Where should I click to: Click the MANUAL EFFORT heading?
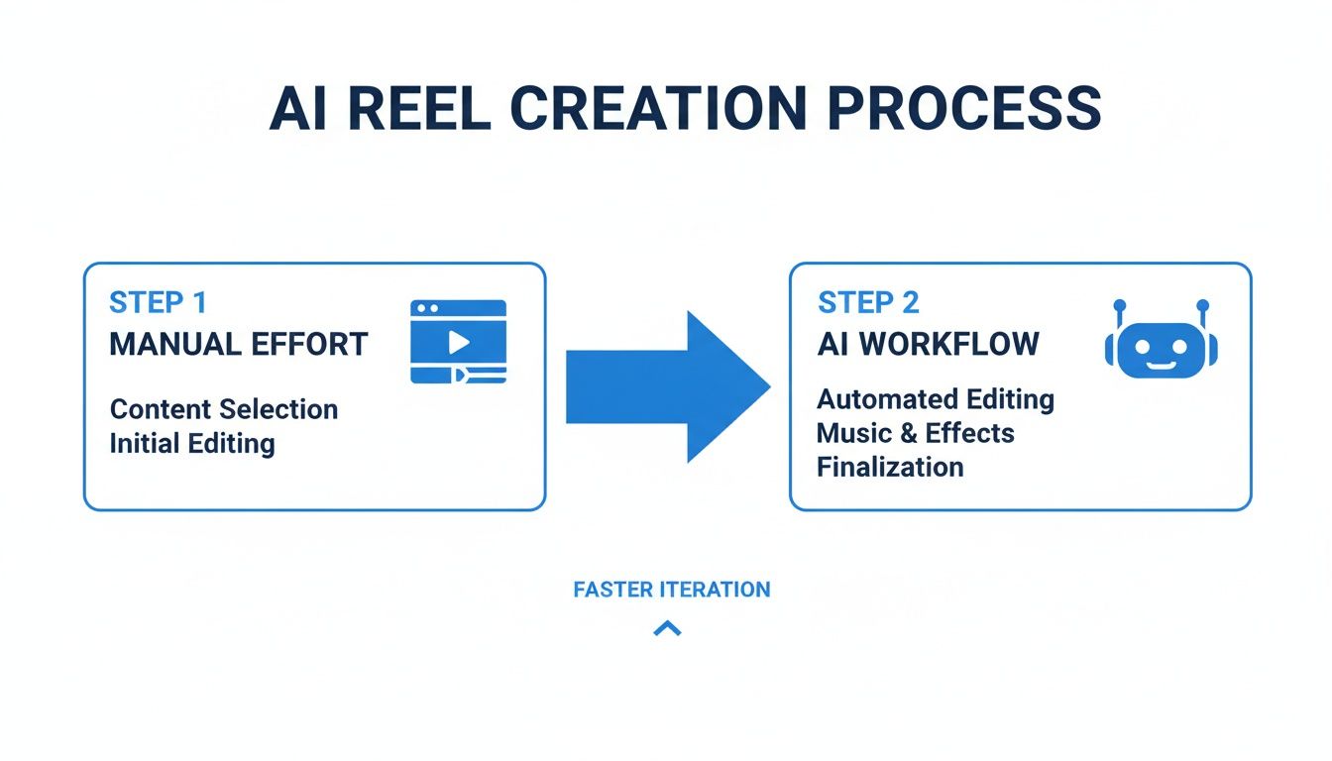click(239, 345)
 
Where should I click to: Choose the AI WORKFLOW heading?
click(929, 344)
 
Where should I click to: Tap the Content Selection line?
click(224, 409)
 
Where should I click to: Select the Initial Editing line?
click(192, 443)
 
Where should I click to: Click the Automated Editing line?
click(936, 399)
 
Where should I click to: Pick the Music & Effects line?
click(915, 433)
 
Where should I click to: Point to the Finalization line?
click(890, 467)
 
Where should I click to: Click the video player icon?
click(458, 342)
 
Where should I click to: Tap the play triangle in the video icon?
click(458, 342)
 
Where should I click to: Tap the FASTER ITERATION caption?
click(671, 590)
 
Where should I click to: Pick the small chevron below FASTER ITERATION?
click(667, 627)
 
